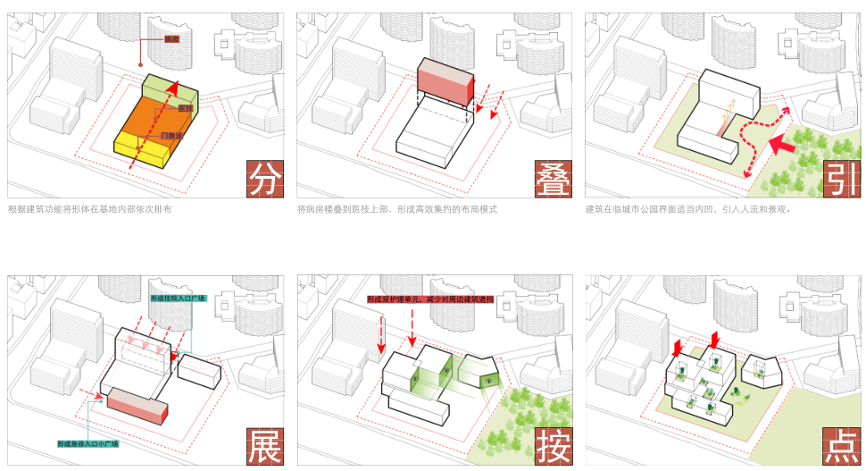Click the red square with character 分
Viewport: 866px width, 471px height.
(264, 178)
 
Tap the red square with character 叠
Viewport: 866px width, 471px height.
(554, 178)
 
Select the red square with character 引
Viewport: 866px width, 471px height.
(841, 178)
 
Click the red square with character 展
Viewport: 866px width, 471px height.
(264, 446)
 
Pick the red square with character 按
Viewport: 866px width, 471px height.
(554, 446)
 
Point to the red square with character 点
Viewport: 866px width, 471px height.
(841, 446)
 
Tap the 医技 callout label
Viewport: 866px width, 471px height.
(186, 108)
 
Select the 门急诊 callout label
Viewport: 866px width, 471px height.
(172, 136)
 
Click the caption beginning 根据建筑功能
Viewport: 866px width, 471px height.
(89, 209)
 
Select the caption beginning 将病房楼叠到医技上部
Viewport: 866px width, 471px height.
(396, 209)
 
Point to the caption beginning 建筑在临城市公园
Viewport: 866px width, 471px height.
(687, 209)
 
